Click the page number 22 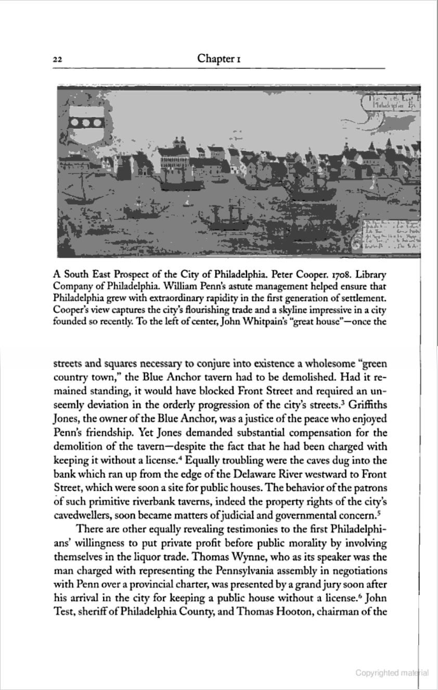58,60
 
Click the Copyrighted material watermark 392,673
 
